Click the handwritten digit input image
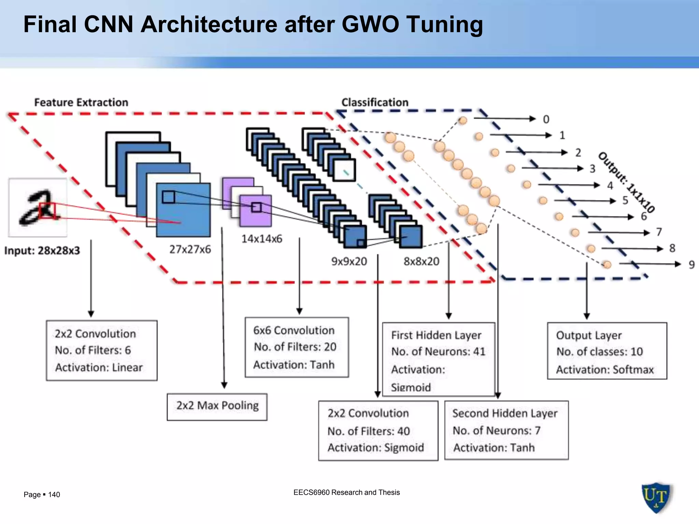pos(38,207)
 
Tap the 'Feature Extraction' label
pos(81,102)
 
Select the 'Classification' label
pos(375,102)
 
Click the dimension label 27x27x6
pos(190,249)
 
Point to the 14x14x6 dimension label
pos(262,239)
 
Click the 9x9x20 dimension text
pos(349,261)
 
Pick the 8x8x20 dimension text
pos(421,261)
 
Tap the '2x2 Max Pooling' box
pos(217,406)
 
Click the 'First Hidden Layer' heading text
pos(436,335)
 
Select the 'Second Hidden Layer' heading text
pos(504,413)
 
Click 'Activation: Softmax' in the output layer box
pos(605,369)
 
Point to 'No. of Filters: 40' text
pos(369,431)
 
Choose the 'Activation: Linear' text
pos(99,367)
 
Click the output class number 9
pos(691,264)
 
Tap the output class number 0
pos(546,119)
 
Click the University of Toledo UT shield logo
pos(656,497)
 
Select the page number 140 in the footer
pos(54,495)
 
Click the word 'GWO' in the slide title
pos(370,25)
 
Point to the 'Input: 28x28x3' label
pos(42,251)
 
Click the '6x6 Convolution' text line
pos(294,330)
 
